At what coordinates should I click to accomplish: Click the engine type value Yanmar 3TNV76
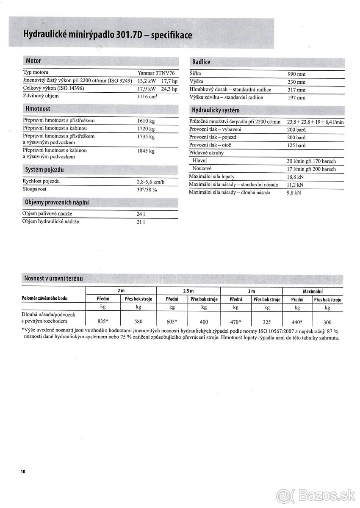156,73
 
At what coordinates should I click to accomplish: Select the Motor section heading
33,61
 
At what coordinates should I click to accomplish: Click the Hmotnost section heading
38,109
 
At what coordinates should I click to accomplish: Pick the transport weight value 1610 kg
146,121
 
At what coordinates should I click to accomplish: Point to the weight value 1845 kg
146,151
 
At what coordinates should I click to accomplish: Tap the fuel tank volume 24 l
141,214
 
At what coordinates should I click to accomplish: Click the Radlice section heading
201,62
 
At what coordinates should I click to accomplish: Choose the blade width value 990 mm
296,74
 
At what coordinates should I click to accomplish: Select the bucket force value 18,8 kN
295,177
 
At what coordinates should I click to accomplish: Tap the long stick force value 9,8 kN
294,192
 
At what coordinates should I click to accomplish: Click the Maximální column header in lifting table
313,291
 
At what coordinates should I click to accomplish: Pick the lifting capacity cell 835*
103,321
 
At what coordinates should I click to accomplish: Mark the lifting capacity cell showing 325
267,322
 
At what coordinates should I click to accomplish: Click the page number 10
22,472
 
